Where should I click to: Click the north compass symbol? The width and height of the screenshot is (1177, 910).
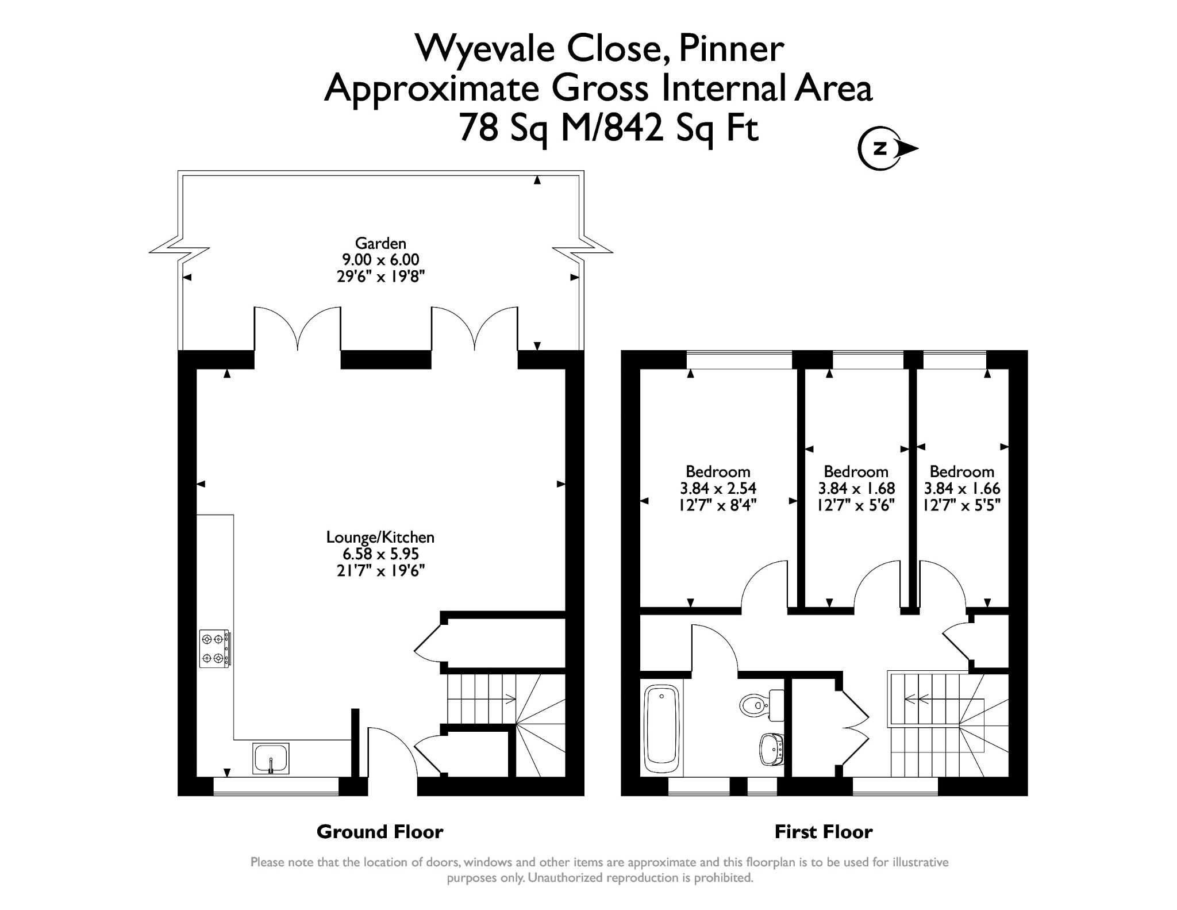coord(887,149)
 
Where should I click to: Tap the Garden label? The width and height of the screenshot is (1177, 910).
coord(380,243)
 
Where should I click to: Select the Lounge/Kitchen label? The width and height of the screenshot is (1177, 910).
coord(380,537)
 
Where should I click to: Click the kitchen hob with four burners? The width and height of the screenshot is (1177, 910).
coord(216,649)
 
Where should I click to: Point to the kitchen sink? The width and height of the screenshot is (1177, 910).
coord(271,758)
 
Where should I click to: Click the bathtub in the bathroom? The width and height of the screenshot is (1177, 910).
coord(662,729)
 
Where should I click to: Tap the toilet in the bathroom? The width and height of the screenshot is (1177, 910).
coord(763,705)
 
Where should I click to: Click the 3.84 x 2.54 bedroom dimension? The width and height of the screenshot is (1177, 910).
coord(718,489)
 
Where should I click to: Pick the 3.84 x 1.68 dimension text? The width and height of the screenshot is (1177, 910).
coord(856,489)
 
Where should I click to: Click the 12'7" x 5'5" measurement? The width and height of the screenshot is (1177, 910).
coord(962,505)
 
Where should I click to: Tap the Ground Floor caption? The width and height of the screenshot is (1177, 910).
coord(380,832)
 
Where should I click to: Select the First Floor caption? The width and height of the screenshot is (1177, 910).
coord(824,832)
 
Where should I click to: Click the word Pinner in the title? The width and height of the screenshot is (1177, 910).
coord(731,49)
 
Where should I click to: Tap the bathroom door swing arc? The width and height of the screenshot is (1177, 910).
coord(715,648)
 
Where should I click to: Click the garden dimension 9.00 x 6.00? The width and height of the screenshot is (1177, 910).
coord(380,260)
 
